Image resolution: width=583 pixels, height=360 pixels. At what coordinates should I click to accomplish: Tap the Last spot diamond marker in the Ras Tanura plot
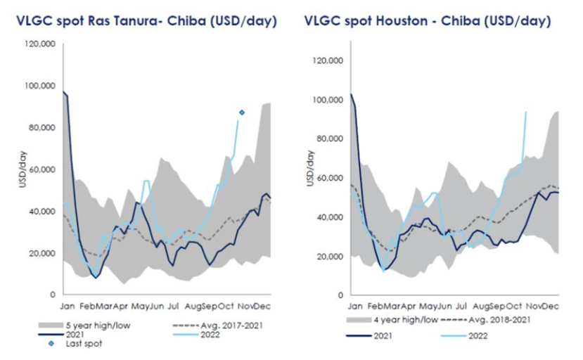tap(242, 112)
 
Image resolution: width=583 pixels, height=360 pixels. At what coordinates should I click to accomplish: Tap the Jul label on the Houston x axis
tap(461, 307)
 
